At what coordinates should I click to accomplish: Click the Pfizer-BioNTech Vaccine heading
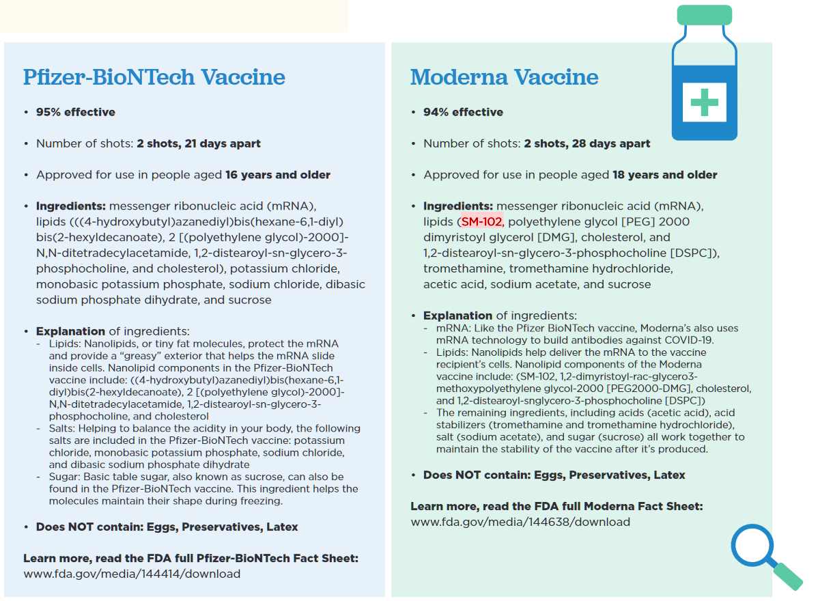coord(154,76)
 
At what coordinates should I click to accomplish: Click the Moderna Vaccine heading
coord(504,76)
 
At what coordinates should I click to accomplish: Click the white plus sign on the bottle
coord(704,102)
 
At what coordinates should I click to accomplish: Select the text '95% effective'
coord(75,112)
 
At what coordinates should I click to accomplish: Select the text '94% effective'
coord(463,112)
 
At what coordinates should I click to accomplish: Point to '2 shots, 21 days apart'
coord(198,143)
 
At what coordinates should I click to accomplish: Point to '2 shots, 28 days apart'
coord(587,143)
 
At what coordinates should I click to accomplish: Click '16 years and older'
coord(278,175)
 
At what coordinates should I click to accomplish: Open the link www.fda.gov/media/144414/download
coord(132,574)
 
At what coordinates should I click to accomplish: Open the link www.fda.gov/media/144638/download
coord(520,522)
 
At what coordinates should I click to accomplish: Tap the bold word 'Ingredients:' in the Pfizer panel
coord(71,206)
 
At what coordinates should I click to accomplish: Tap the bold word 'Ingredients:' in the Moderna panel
coord(458,206)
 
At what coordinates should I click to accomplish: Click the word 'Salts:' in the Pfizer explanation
coord(63,429)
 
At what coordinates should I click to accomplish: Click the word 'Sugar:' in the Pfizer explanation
coord(64,477)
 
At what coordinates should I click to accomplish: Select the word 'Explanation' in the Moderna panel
coord(457,316)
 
